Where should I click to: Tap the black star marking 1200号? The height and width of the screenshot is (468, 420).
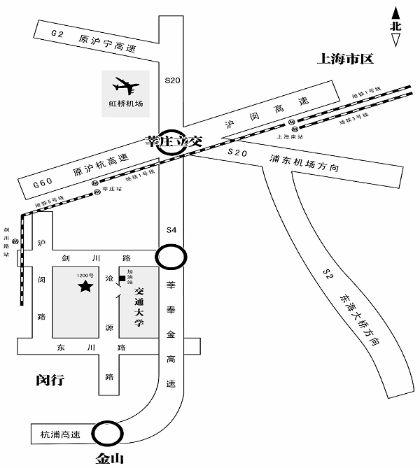(x=85, y=286)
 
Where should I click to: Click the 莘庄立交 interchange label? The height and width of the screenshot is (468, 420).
(x=172, y=140)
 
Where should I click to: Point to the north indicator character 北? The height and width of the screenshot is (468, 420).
(x=396, y=26)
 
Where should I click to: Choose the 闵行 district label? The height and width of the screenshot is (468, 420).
(x=50, y=381)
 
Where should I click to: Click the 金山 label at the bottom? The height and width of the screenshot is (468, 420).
(x=111, y=459)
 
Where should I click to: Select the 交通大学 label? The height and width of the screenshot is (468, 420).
(x=139, y=307)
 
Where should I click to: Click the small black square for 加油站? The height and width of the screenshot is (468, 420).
(x=122, y=279)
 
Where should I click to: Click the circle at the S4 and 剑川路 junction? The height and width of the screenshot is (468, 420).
(x=171, y=256)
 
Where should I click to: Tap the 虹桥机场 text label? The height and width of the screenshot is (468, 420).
(x=125, y=104)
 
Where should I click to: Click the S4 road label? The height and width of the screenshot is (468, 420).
(x=172, y=230)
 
